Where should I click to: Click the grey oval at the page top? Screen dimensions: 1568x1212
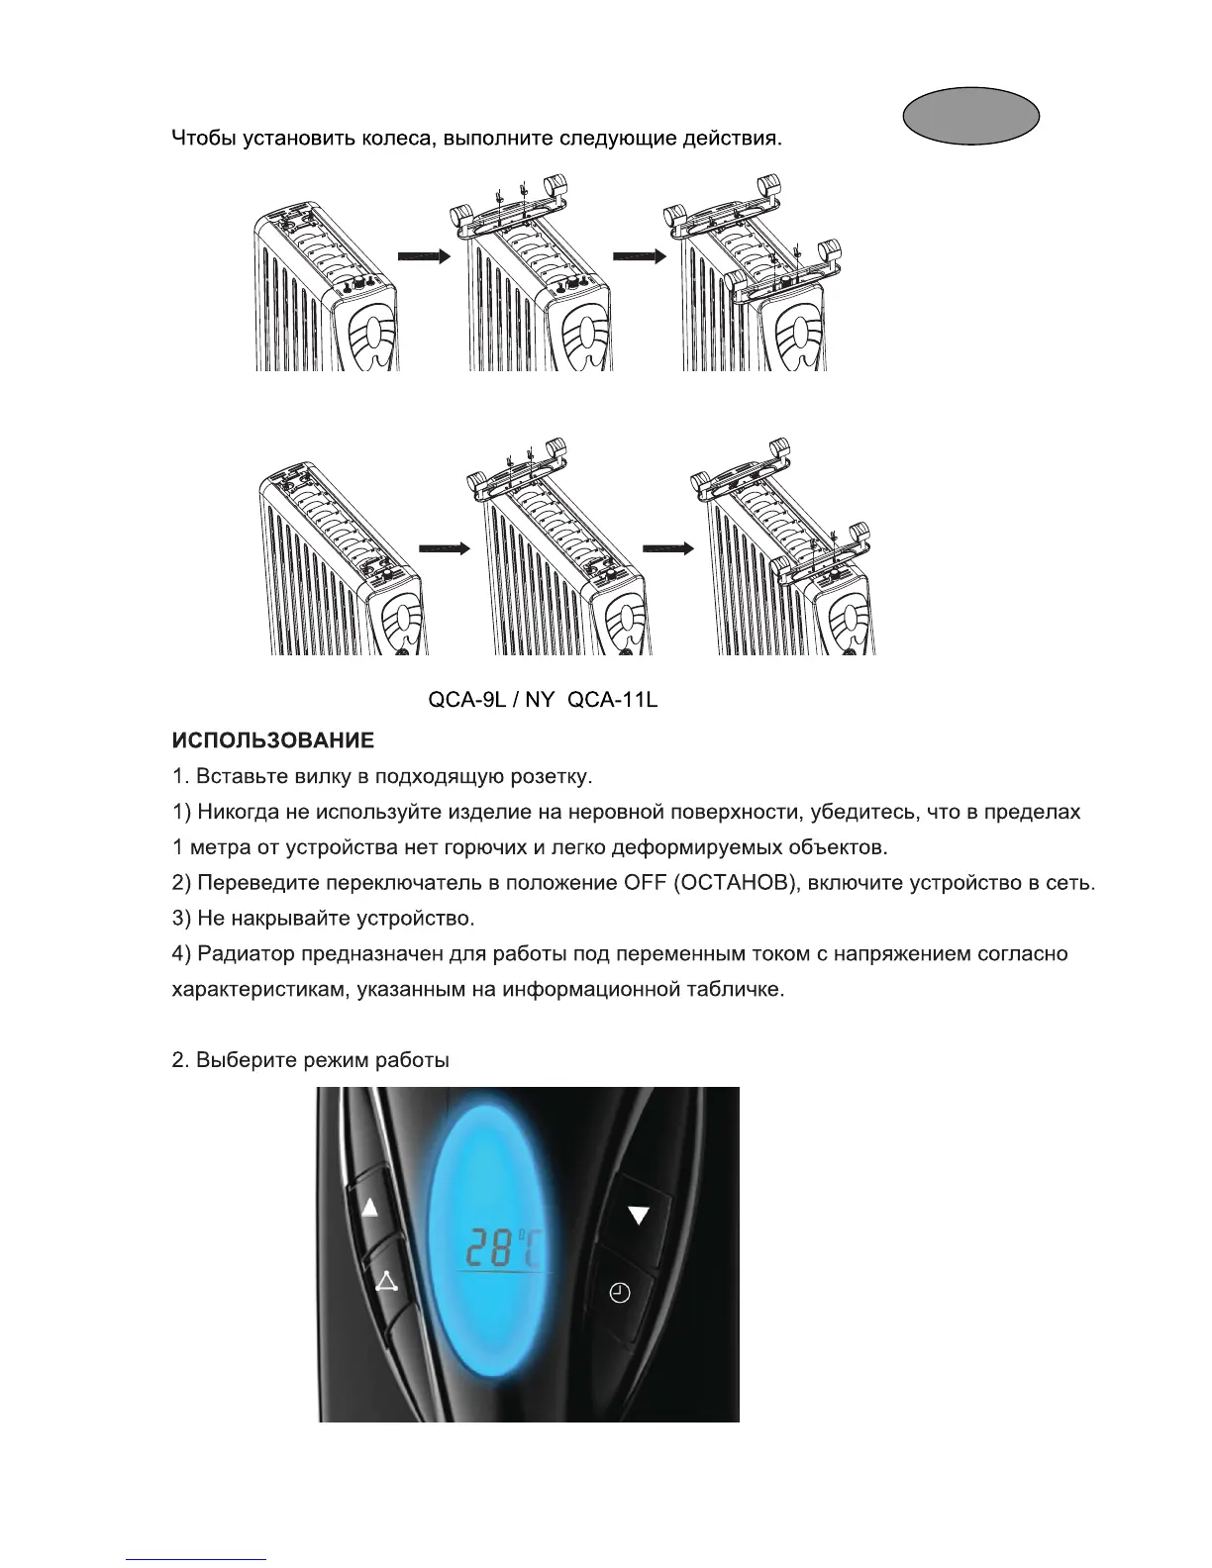coord(970,115)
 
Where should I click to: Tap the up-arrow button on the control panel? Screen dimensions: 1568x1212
coord(371,1209)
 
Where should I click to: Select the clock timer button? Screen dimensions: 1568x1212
coord(619,1293)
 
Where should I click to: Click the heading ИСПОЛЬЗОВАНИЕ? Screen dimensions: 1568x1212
coord(272,740)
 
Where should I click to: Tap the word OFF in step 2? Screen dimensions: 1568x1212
coord(646,883)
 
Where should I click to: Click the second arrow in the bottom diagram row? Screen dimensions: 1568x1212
coord(668,547)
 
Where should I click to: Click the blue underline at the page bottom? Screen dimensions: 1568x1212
coord(196,1559)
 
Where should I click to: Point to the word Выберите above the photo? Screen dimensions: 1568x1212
coord(247,1061)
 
